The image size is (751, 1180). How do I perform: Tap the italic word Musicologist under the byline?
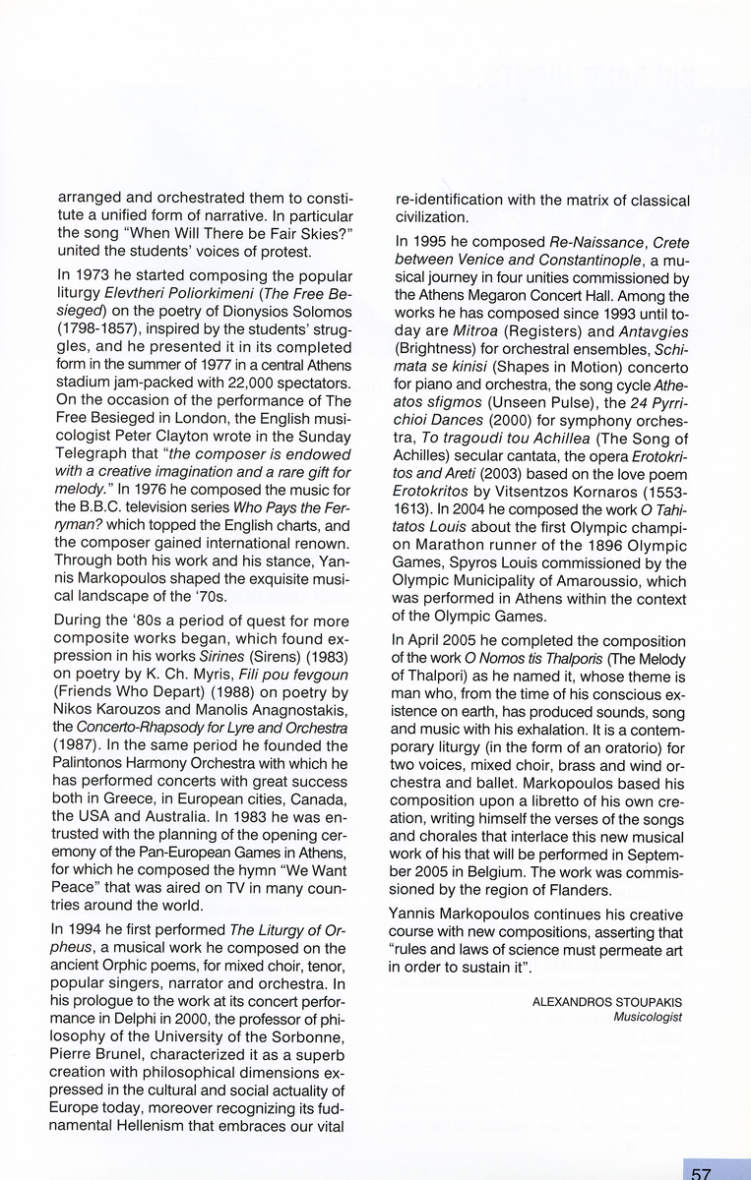(x=647, y=1017)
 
